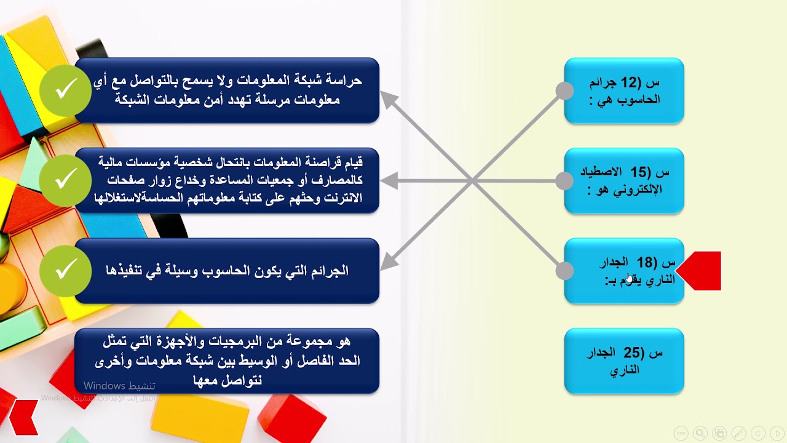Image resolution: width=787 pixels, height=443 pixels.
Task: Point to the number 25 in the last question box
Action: [632, 353]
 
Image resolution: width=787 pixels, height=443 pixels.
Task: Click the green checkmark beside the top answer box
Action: [65, 90]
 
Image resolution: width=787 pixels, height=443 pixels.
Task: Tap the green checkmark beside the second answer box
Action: [65, 180]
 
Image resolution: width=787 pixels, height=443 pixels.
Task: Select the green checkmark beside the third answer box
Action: [65, 271]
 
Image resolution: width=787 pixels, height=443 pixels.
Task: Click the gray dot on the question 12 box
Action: [564, 91]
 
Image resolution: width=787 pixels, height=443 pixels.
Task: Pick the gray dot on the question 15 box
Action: [564, 181]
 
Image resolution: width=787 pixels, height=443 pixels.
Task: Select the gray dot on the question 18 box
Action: [564, 271]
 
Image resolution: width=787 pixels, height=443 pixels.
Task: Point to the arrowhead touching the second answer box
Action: [387, 181]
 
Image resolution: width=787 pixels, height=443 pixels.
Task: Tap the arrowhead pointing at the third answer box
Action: [387, 263]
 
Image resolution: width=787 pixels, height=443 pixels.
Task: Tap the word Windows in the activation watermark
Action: [105, 386]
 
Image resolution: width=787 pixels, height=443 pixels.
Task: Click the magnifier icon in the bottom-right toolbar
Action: [700, 433]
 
